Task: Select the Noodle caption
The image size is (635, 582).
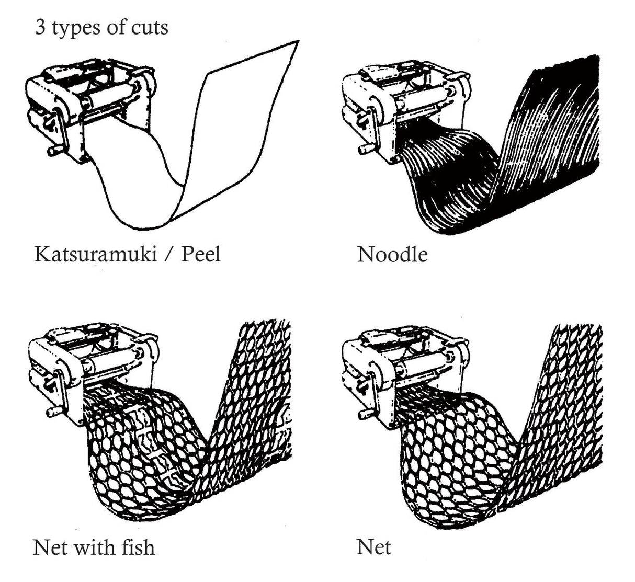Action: [x=392, y=254]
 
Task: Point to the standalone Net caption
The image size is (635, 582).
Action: [x=374, y=547]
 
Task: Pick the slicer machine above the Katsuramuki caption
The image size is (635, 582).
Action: [x=89, y=105]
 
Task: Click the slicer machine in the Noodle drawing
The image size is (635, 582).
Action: [x=403, y=105]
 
